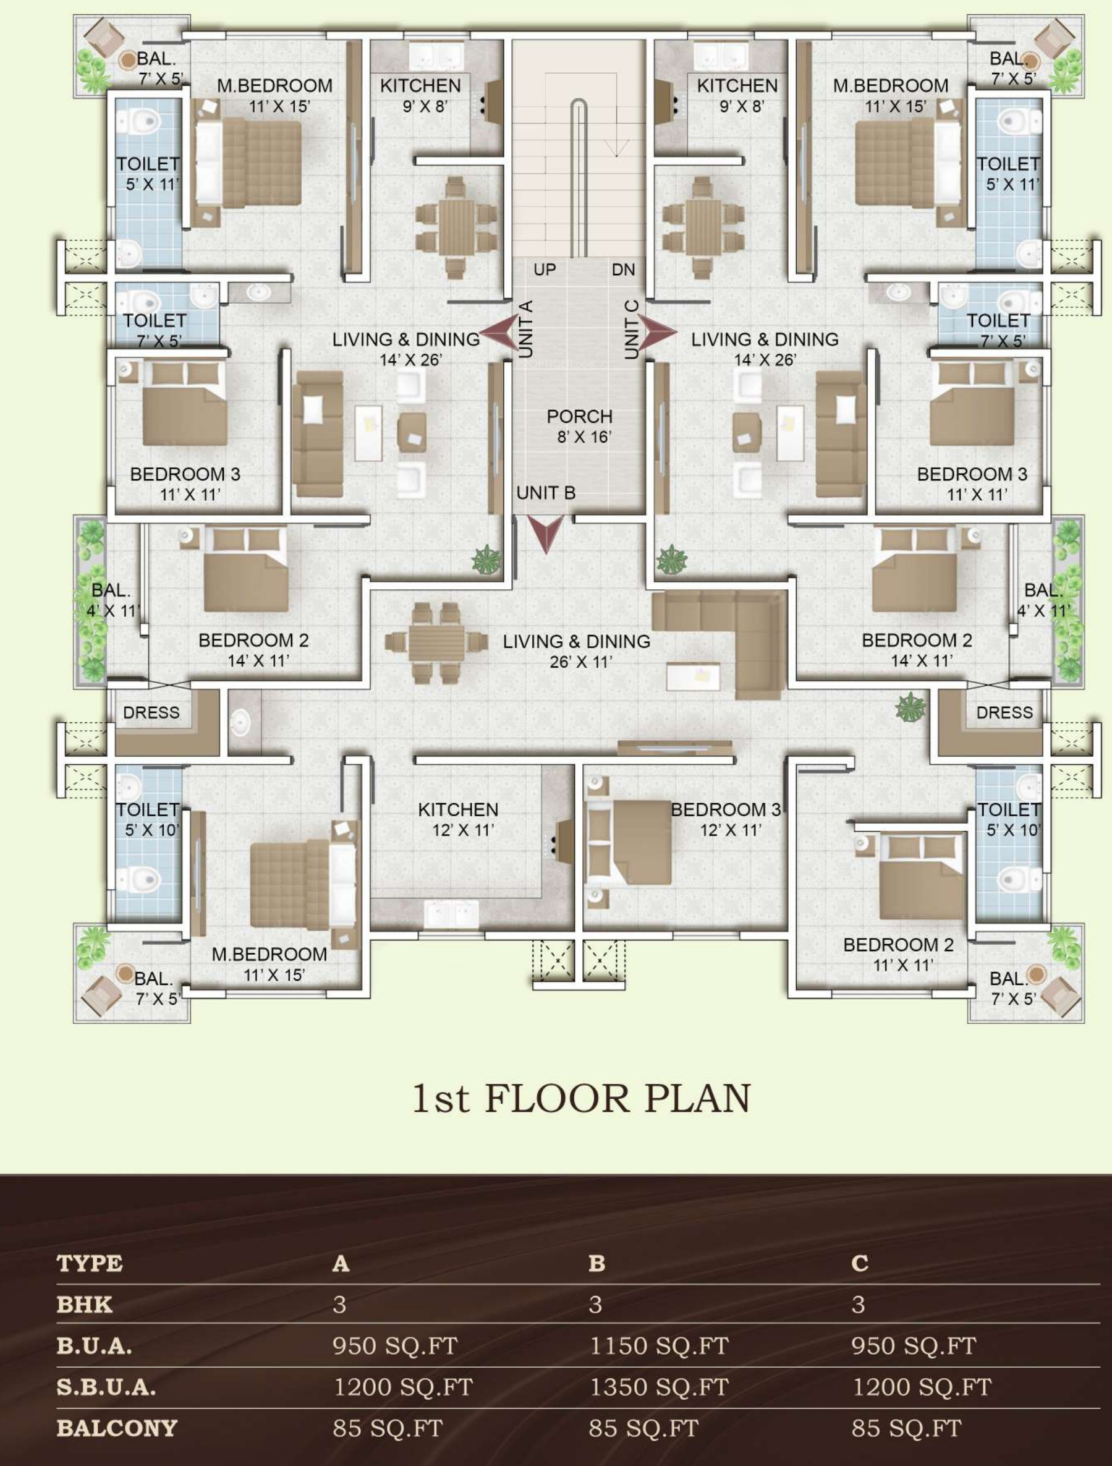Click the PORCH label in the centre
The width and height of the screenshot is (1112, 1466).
[x=579, y=417]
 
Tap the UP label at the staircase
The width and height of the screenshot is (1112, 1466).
[x=545, y=270]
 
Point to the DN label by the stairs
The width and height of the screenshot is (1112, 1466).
[x=623, y=270]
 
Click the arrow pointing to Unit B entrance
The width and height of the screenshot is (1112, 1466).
[x=545, y=534]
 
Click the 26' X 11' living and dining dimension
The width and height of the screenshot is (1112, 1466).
[x=580, y=662]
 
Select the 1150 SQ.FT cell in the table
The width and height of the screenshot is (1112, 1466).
[x=659, y=1345]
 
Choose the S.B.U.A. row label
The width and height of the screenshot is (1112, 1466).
[x=106, y=1387]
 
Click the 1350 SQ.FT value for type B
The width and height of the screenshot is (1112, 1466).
[x=659, y=1387]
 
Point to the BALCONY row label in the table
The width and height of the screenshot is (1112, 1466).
[x=117, y=1428]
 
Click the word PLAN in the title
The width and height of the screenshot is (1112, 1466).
[x=697, y=1098]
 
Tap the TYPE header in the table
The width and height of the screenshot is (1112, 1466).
[x=90, y=1263]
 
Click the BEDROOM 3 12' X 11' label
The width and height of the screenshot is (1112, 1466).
[x=726, y=819]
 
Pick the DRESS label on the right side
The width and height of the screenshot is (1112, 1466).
[x=1004, y=712]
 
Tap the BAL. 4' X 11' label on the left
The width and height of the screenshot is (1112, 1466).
[x=112, y=600]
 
